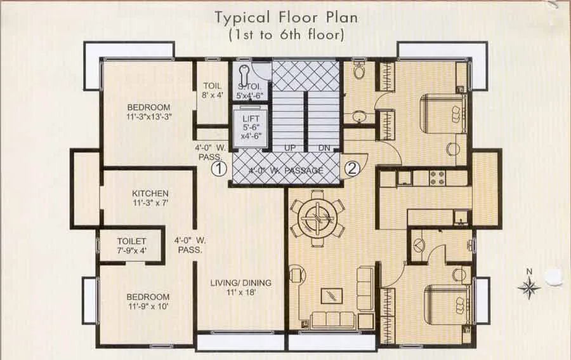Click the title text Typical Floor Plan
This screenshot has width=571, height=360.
[285, 17]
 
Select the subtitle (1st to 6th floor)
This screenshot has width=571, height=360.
[285, 36]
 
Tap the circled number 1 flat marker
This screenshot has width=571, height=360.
[218, 169]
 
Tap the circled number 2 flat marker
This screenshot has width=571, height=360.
[353, 169]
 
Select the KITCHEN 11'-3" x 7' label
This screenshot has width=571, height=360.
[150, 198]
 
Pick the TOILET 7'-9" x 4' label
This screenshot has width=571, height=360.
[131, 246]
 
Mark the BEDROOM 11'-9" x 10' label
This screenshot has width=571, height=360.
[147, 302]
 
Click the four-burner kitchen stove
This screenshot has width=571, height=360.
[438, 178]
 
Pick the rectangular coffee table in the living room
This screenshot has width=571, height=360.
[330, 296]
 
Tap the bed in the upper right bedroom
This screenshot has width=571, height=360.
[445, 112]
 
